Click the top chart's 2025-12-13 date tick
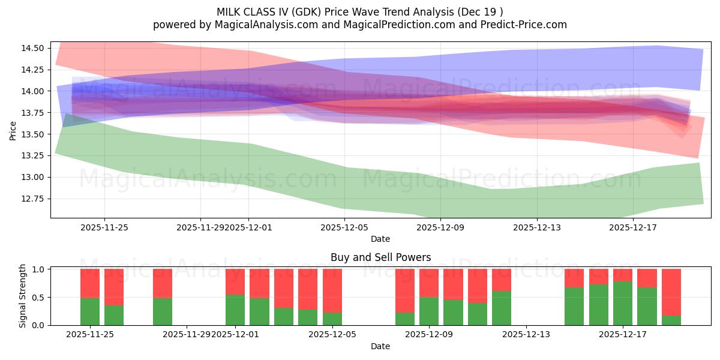click(536, 227)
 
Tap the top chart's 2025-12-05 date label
click(344, 227)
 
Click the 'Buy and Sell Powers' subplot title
click(380, 257)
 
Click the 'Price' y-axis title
click(14, 130)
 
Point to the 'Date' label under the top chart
click(380, 239)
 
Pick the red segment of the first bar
click(90, 283)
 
